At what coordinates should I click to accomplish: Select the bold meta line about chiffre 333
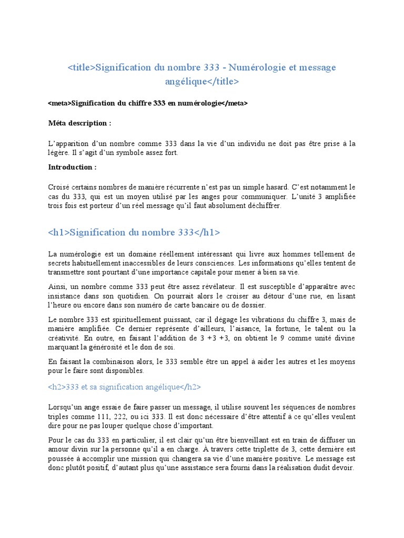point(147,104)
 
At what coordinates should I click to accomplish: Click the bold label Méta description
point(79,123)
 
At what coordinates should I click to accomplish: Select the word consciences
point(215,263)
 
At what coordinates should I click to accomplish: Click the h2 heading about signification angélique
point(124,387)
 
